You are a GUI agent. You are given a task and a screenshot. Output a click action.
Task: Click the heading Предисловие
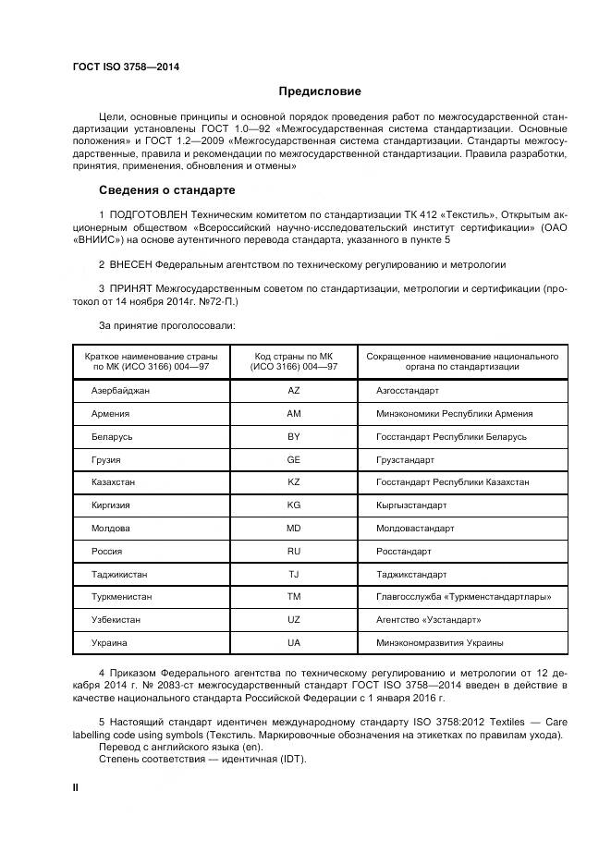pyautogui.click(x=321, y=91)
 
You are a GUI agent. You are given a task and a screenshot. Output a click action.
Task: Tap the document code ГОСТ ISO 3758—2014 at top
pyautogui.click(x=126, y=67)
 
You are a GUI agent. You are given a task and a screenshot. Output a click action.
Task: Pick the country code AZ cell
pyautogui.click(x=294, y=391)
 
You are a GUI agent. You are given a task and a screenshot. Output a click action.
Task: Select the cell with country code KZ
pyautogui.click(x=294, y=482)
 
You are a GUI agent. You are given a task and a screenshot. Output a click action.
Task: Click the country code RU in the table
pyautogui.click(x=294, y=551)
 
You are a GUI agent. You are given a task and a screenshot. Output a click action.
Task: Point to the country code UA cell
pyautogui.click(x=294, y=642)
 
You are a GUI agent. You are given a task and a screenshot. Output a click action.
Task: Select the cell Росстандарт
pyautogui.click(x=404, y=551)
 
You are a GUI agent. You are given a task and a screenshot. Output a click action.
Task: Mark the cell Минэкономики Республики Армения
pyautogui.click(x=454, y=414)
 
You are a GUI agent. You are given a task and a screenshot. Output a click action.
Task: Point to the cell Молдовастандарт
pyautogui.click(x=415, y=528)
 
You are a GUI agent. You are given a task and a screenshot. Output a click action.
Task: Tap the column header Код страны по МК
pyautogui.click(x=294, y=355)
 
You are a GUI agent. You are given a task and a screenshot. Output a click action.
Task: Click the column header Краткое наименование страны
pyautogui.click(x=151, y=355)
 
